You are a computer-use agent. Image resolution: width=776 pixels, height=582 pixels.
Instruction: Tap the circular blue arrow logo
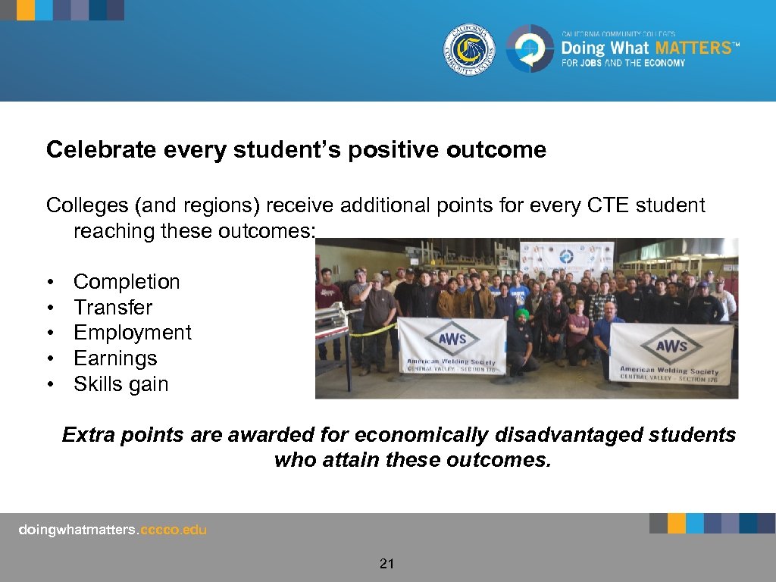(x=530, y=48)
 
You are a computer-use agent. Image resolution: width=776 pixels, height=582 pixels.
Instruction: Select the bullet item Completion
(x=127, y=282)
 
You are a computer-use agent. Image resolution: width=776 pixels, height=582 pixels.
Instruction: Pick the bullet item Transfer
(x=113, y=308)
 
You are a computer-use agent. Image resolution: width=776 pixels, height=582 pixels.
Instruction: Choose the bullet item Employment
(x=133, y=333)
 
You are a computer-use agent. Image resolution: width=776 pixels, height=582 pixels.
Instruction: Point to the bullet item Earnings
(x=115, y=358)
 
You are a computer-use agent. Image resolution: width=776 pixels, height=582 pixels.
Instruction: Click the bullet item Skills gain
(x=120, y=384)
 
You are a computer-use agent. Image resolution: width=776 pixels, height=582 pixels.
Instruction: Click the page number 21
(x=387, y=563)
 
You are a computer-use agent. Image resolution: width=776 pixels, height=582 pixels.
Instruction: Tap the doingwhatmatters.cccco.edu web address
(x=112, y=530)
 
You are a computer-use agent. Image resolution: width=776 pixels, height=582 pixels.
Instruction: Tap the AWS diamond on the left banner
(x=452, y=339)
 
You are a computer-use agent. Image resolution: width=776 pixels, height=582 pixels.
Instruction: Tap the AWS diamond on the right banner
(x=671, y=345)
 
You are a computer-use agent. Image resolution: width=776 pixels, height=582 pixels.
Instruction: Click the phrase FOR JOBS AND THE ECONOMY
(x=623, y=63)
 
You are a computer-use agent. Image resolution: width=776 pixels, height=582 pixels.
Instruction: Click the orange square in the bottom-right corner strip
(x=677, y=523)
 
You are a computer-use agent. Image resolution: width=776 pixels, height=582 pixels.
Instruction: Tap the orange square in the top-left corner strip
(x=25, y=10)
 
